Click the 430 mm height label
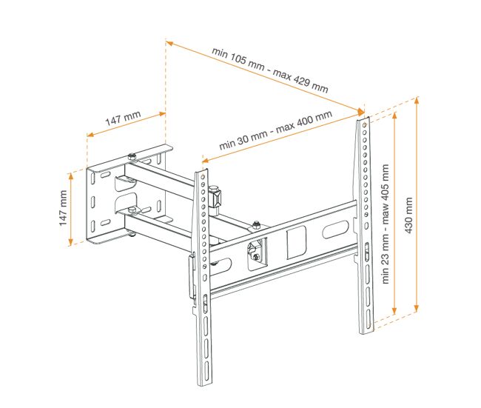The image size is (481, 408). (x=408, y=215)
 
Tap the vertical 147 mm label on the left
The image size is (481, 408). (x=63, y=208)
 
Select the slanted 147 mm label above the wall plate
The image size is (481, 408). (x=123, y=118)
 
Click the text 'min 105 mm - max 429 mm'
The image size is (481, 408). (x=270, y=70)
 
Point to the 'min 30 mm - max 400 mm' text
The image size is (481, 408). (x=275, y=130)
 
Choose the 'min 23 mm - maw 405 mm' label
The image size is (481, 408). (x=386, y=224)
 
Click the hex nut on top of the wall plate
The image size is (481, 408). (x=132, y=156)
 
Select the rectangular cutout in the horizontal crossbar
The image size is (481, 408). (x=296, y=243)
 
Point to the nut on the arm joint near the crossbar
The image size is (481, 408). (x=256, y=225)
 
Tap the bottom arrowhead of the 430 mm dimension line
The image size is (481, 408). (x=417, y=309)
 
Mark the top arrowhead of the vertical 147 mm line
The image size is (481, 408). (x=71, y=175)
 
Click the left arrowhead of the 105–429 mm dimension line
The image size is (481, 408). (x=169, y=43)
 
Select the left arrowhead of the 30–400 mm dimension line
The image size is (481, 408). (x=205, y=160)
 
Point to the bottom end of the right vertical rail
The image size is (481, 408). (x=367, y=332)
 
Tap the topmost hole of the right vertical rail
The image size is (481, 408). (x=364, y=125)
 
